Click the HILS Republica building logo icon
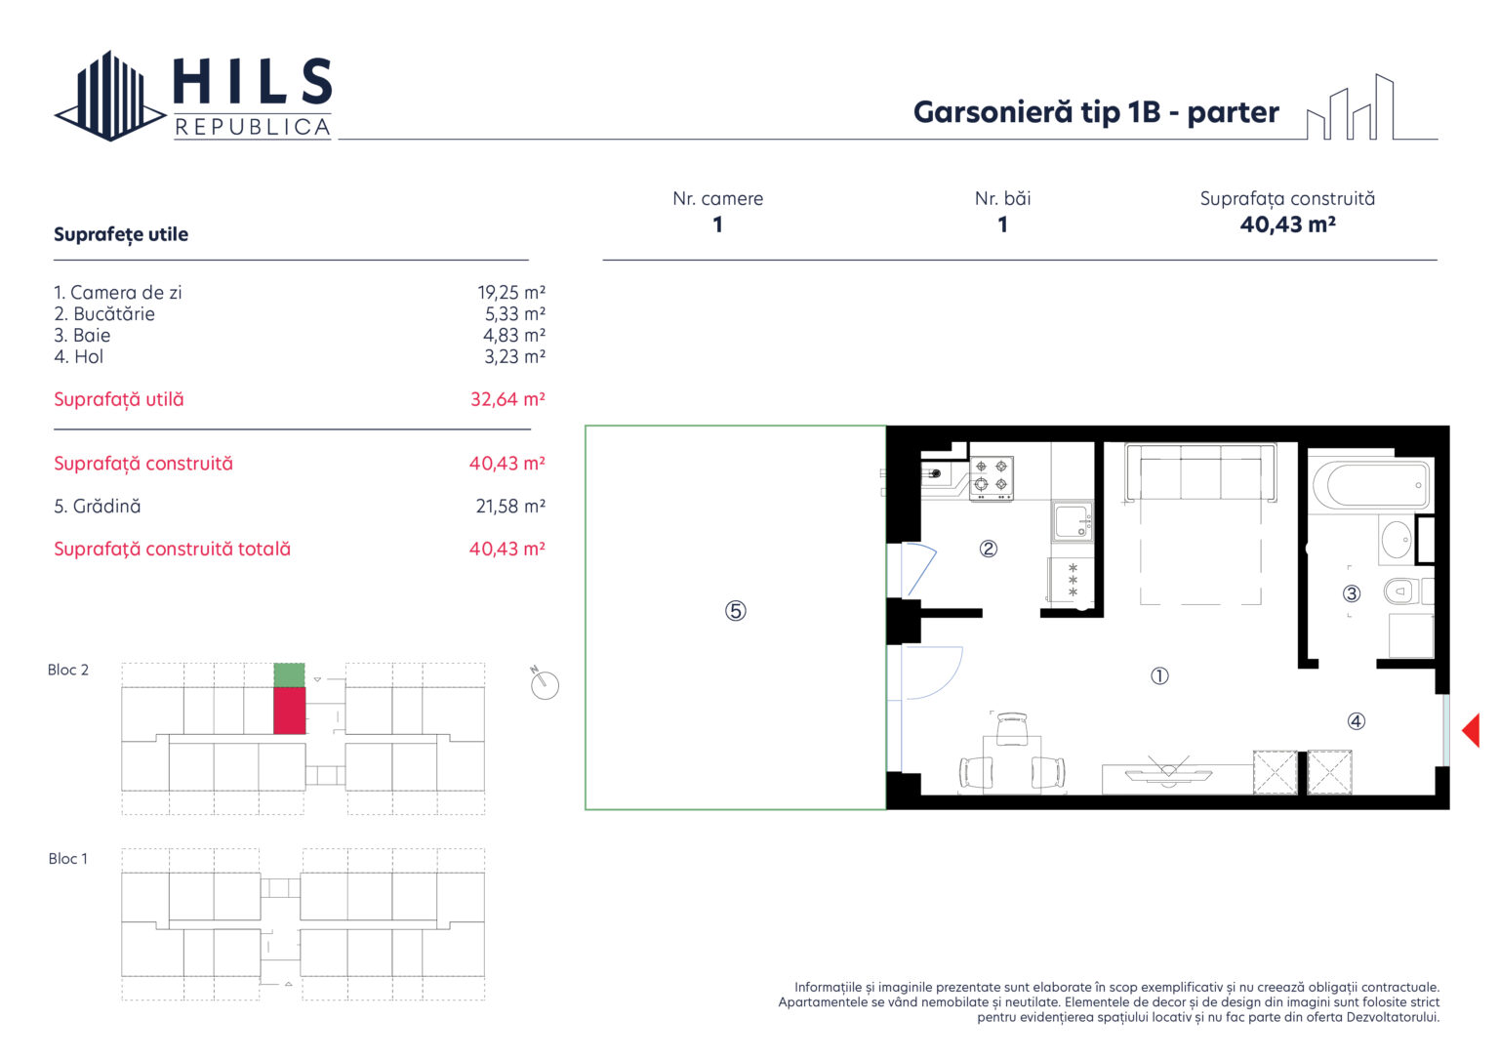[x=110, y=96]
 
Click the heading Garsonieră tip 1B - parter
[x=1096, y=112]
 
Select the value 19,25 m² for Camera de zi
[x=511, y=293]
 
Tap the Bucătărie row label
[x=104, y=314]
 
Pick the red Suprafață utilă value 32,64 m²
[x=507, y=399]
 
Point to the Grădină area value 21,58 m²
[x=510, y=507]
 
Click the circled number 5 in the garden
[x=736, y=610]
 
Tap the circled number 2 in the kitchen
[x=989, y=549]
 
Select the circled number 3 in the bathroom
[x=1351, y=592]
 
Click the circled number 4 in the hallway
[x=1356, y=720]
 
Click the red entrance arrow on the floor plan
[x=1471, y=729]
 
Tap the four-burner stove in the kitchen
[x=992, y=478]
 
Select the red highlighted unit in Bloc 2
[x=289, y=710]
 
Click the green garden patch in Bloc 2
[x=289, y=674]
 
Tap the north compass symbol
[x=544, y=683]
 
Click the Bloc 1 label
[x=67, y=859]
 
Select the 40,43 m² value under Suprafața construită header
[x=1287, y=224]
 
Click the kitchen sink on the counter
[x=1073, y=521]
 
